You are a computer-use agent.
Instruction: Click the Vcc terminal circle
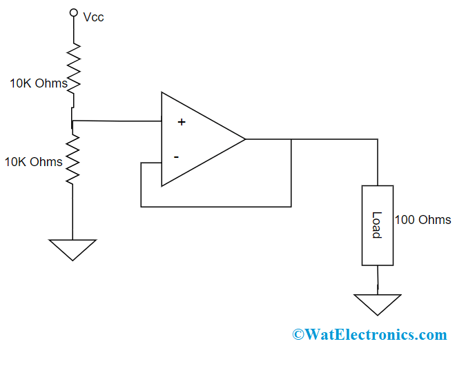click(72, 12)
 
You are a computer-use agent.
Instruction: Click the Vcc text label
click(93, 17)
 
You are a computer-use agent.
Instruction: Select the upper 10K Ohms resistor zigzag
click(72, 65)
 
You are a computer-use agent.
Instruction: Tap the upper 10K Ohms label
click(38, 84)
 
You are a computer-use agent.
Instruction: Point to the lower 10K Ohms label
click(33, 163)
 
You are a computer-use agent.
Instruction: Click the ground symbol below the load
click(378, 304)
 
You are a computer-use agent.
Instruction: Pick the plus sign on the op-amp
click(182, 122)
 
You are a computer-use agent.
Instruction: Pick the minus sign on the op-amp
click(176, 157)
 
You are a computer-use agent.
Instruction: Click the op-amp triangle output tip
click(244, 139)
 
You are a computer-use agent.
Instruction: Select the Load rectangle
click(378, 225)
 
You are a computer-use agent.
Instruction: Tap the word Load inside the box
click(377, 225)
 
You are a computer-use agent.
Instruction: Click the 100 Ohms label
click(423, 220)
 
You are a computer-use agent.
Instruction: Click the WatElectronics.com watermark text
click(376, 335)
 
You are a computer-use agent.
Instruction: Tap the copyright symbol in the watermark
click(298, 335)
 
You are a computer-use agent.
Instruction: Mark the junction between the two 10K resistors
click(72, 122)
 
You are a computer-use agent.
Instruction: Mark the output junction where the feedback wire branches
click(291, 139)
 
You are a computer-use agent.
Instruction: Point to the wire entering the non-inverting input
click(117, 121)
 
